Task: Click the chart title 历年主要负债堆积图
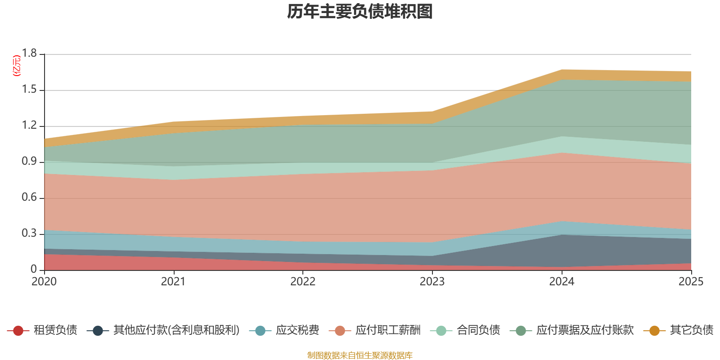tap(360, 12)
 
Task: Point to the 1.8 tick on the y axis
tap(29, 54)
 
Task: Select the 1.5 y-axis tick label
tap(29, 90)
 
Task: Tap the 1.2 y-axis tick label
tap(29, 126)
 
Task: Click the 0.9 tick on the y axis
tap(29, 162)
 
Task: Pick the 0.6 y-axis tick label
tap(29, 198)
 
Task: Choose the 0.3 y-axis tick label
tap(29, 234)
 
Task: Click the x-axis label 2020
tap(44, 282)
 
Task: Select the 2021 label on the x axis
tap(173, 282)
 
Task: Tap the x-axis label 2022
tap(303, 282)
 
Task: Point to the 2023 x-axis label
tap(432, 282)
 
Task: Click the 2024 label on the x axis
tap(562, 282)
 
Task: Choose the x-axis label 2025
tap(691, 282)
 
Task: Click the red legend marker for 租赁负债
tap(18, 331)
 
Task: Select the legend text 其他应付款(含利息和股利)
tap(176, 330)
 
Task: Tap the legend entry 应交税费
tap(297, 330)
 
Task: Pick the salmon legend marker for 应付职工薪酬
tap(340, 331)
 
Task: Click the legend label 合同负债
tap(478, 330)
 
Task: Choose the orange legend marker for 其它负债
tap(654, 331)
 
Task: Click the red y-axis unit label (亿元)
tap(17, 66)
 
